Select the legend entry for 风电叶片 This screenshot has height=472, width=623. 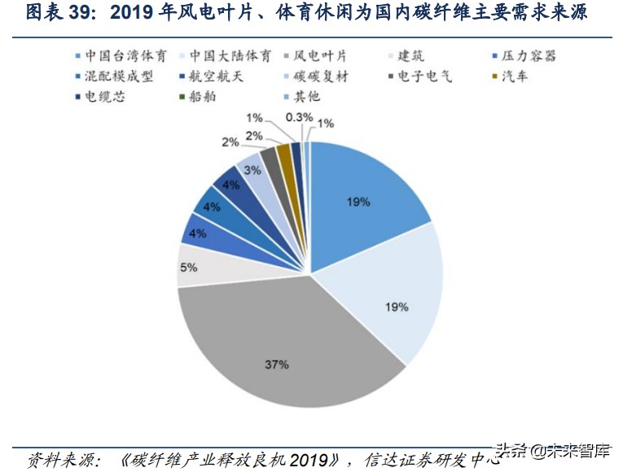pos(319,57)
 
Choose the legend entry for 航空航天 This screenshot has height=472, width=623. pos(210,77)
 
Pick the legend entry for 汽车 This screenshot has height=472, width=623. pos(517,77)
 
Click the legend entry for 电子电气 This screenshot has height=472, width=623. pos(421,77)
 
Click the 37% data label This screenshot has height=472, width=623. pos(276,365)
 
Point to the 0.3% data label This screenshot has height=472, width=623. pos(301,117)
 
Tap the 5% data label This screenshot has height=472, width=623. pos(188,267)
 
